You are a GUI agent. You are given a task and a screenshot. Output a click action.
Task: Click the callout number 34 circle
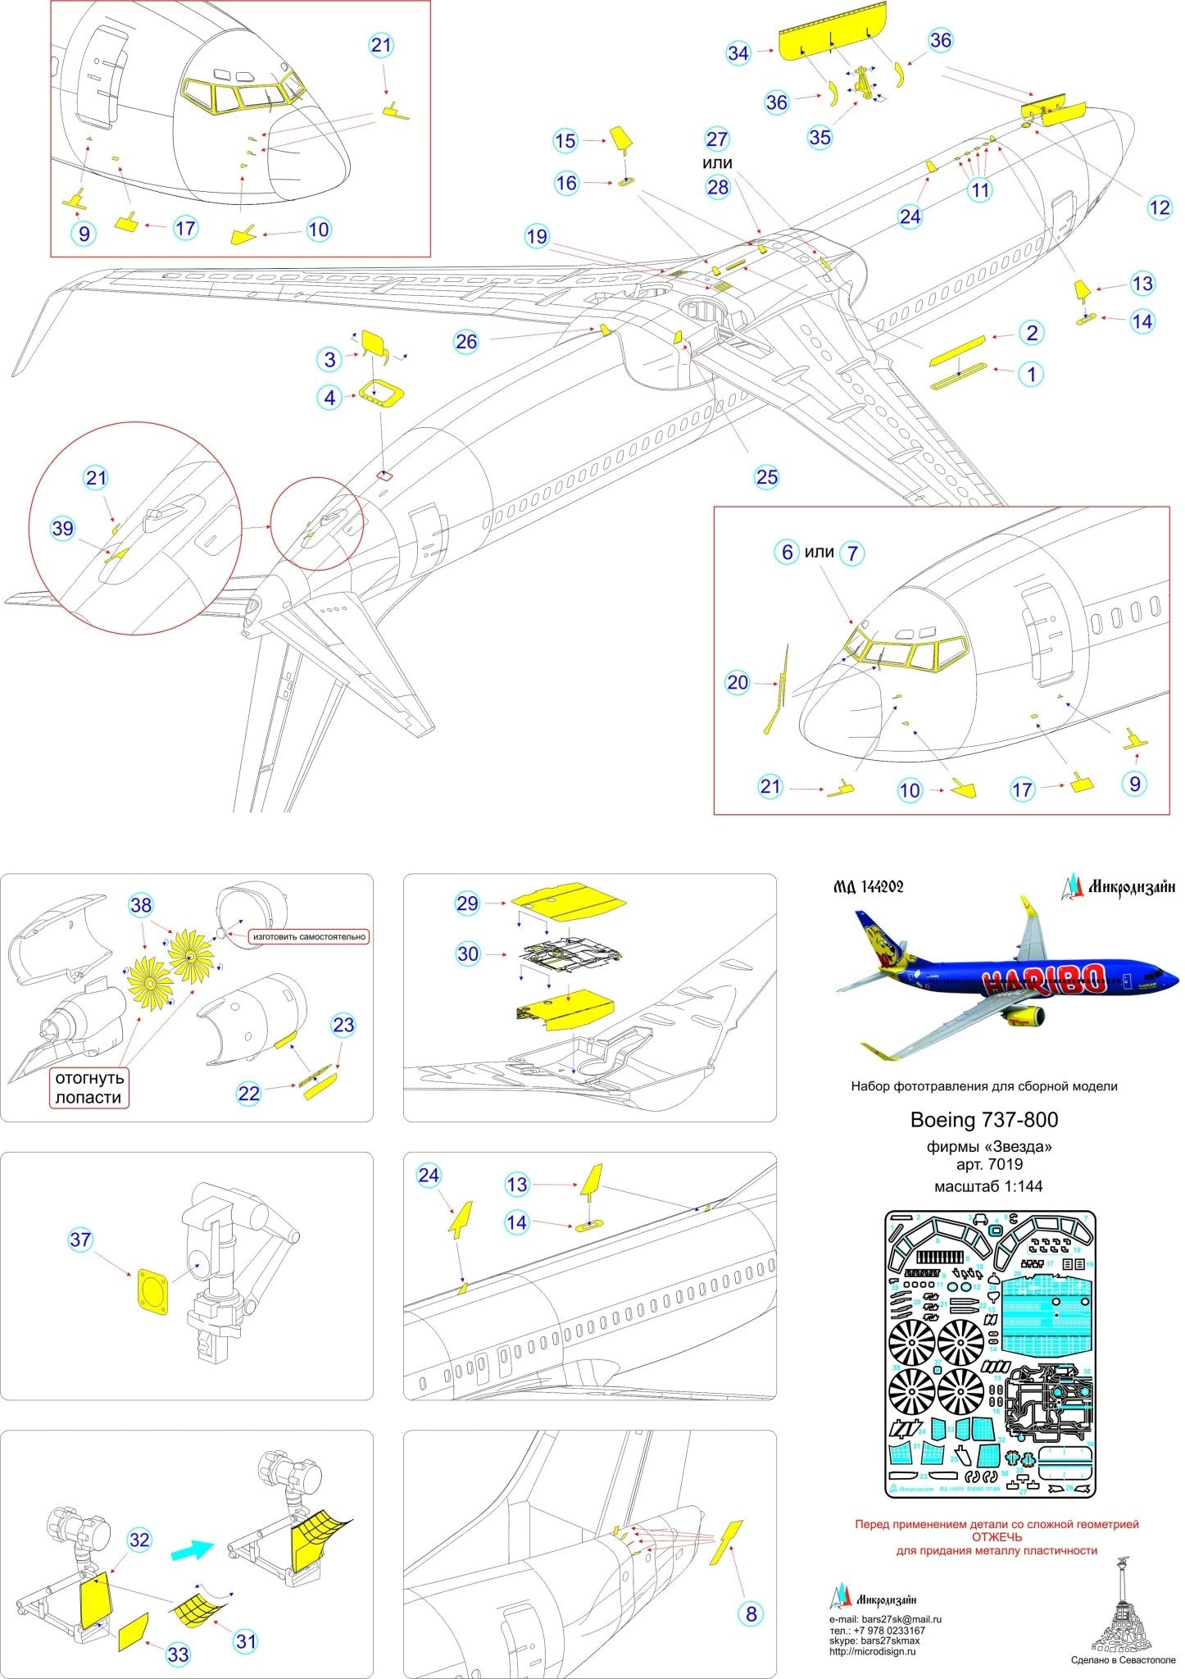738,53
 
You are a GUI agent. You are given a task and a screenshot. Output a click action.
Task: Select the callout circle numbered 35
820,137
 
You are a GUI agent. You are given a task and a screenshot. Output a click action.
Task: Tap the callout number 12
1160,207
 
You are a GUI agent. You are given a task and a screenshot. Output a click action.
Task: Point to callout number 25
767,477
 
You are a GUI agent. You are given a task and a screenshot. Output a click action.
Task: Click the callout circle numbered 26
465,341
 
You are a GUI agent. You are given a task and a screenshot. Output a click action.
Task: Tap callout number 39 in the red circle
63,529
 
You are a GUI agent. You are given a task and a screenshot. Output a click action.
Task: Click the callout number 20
738,682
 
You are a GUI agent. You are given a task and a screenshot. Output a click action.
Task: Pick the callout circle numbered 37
79,1239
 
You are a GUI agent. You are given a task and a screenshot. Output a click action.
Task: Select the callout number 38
141,904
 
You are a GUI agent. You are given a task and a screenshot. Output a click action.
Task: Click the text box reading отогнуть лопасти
89,1087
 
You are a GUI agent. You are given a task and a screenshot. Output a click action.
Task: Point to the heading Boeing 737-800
983,1120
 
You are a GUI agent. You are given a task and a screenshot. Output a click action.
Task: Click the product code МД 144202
867,886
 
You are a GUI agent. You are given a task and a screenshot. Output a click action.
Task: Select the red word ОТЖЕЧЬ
997,1537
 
